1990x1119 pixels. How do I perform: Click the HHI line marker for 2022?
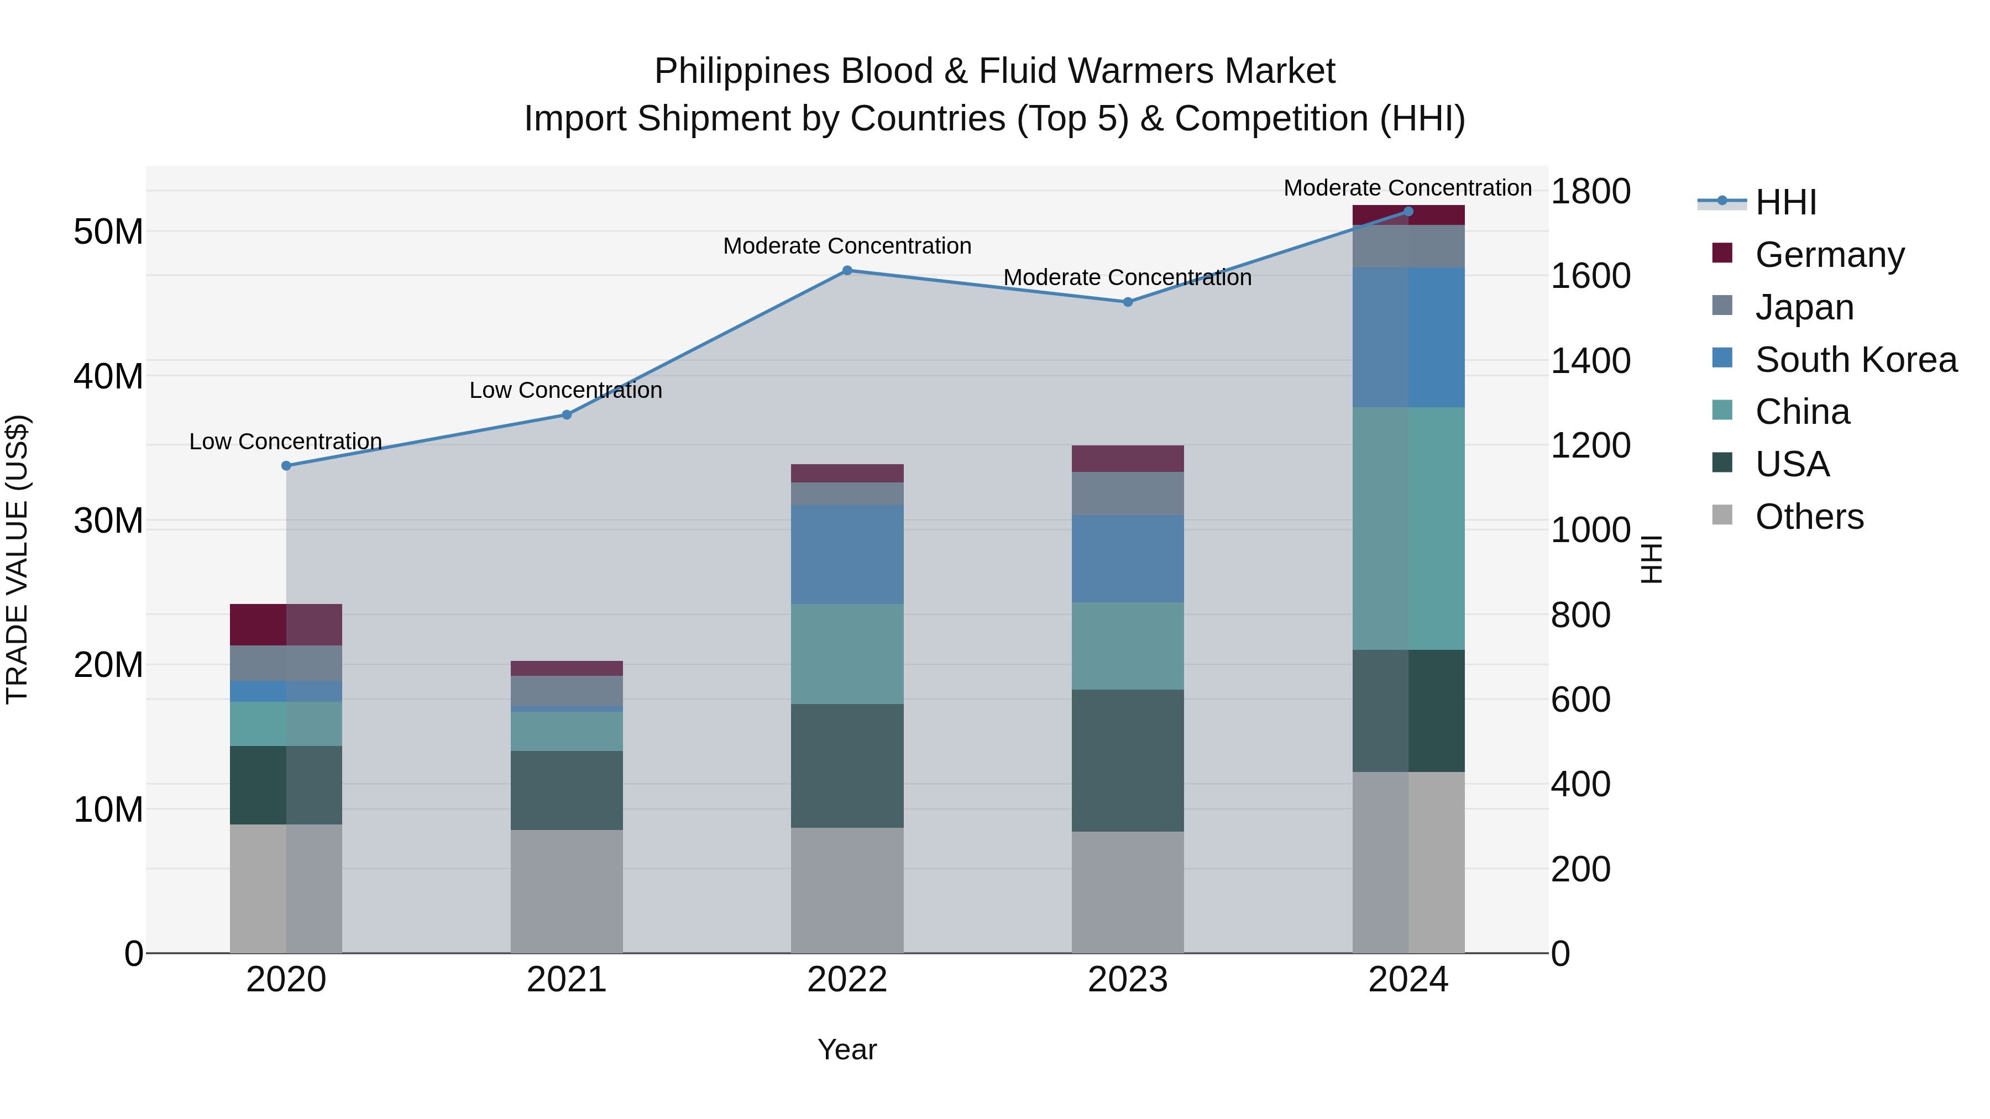(x=847, y=270)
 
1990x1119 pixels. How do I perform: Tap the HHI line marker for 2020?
(x=286, y=466)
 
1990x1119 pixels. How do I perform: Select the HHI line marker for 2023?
(x=1127, y=302)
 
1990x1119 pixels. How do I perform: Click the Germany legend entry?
(x=1829, y=254)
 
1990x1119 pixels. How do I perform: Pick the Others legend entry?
(x=1809, y=516)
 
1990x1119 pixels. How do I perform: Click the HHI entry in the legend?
(x=1785, y=202)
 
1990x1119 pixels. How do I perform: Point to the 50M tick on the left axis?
(x=108, y=232)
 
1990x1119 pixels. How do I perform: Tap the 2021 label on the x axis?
(x=566, y=980)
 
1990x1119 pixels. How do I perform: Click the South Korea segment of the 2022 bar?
(x=847, y=554)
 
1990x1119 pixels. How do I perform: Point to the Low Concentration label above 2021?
(x=565, y=391)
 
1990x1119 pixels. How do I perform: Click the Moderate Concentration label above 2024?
(x=1407, y=188)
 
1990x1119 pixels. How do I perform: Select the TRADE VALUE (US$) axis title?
(x=17, y=559)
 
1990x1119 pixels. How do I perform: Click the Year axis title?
(x=847, y=1049)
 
